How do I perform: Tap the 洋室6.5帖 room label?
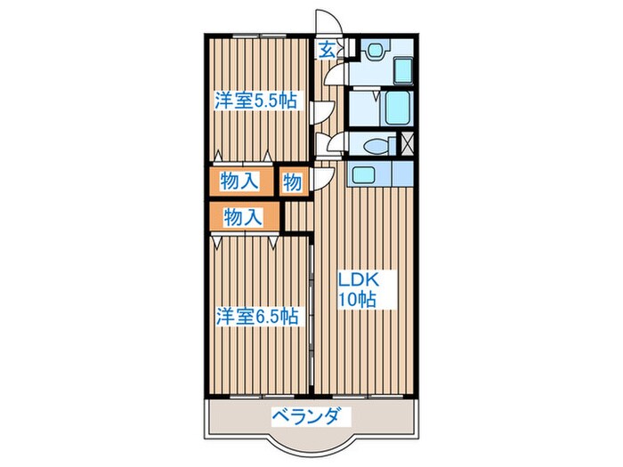tap(255, 315)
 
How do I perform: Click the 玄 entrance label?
tap(327, 51)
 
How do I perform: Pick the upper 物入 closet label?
tap(239, 181)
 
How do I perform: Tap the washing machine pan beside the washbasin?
tap(402, 69)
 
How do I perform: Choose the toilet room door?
tap(336, 142)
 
